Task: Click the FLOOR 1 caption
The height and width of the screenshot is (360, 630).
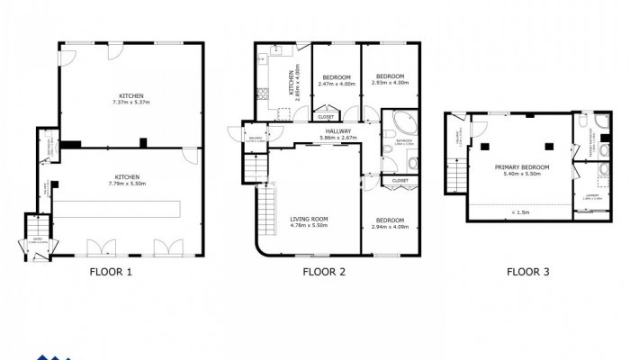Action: point(112,270)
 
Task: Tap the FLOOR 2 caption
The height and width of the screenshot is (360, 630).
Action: point(324,270)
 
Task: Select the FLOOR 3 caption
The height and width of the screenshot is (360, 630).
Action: point(528,270)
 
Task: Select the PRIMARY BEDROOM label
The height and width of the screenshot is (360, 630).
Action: point(522,167)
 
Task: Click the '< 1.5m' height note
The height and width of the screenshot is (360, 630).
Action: point(519,212)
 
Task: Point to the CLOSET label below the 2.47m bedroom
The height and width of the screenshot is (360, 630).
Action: point(326,116)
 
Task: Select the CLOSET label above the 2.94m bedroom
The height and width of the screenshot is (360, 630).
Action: point(400,181)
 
